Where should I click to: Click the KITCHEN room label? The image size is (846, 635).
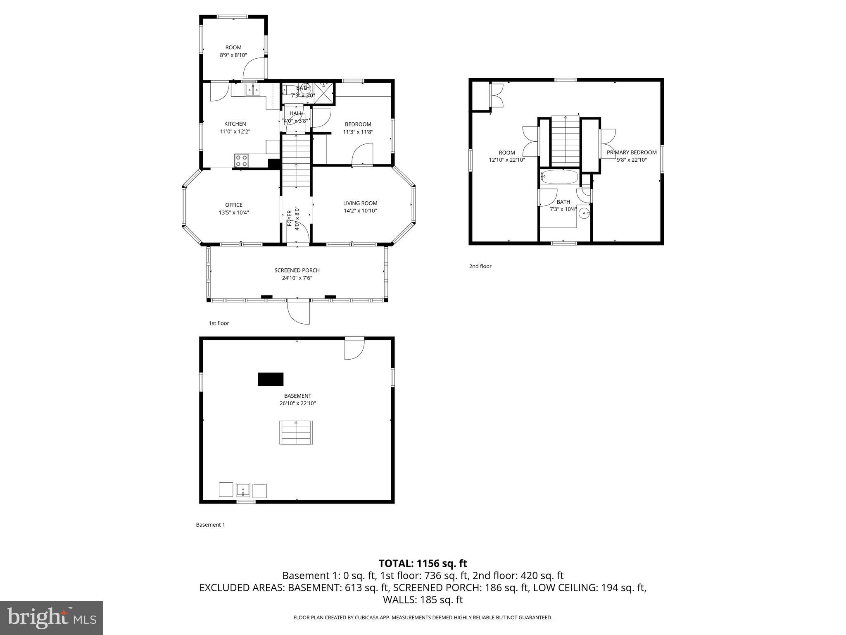235,124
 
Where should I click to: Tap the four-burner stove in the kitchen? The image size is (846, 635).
241,160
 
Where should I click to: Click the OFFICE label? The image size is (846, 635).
234,205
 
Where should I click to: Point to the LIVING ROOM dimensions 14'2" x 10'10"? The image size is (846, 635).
360,211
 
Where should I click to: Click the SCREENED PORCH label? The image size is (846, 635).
297,270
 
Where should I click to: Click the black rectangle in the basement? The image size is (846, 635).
271,379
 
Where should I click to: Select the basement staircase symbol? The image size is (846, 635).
296,432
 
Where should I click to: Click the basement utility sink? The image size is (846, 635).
243,490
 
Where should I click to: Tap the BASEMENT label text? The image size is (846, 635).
297,396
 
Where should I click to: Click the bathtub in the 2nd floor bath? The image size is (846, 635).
559,177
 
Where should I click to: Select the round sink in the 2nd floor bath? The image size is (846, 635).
584,213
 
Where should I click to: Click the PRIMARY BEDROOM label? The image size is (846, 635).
632,153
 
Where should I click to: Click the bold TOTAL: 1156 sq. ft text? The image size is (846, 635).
423,563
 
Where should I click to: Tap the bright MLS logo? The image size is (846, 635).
52,618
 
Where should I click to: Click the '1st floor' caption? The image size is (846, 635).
219,323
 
